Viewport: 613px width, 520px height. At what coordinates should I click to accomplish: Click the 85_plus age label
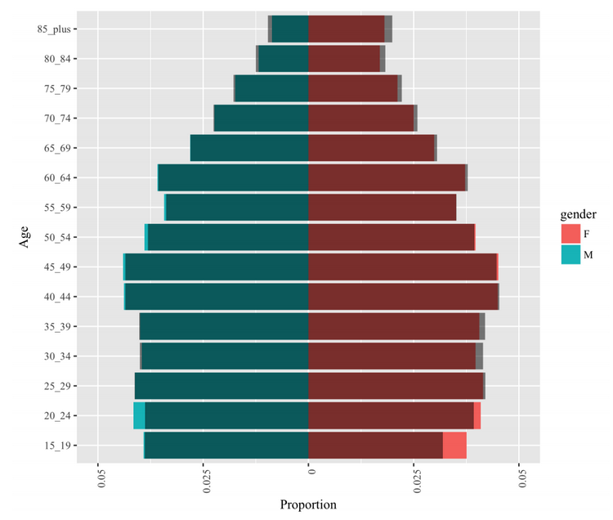click(54, 29)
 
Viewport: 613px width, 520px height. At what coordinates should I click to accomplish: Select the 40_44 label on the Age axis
click(57, 297)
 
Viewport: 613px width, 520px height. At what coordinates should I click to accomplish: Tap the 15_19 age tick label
click(57, 446)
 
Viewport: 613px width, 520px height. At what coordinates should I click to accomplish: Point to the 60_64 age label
click(57, 178)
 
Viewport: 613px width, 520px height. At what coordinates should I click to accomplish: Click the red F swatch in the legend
click(570, 234)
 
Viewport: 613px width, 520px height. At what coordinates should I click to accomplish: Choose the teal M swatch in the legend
click(570, 254)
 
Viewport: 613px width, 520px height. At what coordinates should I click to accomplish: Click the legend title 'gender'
click(578, 215)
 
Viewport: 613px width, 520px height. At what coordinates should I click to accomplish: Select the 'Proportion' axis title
click(308, 504)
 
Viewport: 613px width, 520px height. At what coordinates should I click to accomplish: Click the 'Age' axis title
click(25, 236)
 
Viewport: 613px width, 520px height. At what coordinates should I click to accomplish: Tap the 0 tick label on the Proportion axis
click(311, 471)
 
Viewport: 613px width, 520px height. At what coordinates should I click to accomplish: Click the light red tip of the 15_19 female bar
click(454, 446)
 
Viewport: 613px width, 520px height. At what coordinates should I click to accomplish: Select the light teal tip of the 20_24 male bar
click(139, 415)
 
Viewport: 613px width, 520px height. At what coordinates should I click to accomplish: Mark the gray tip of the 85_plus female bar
click(388, 29)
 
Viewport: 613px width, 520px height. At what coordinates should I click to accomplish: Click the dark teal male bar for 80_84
click(284, 59)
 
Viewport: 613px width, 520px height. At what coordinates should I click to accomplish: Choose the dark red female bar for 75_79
click(353, 88)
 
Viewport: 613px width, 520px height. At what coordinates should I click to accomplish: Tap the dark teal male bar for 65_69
click(249, 148)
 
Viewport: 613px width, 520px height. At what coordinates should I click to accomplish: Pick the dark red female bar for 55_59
click(383, 207)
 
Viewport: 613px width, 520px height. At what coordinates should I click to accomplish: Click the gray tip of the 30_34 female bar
click(479, 356)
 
